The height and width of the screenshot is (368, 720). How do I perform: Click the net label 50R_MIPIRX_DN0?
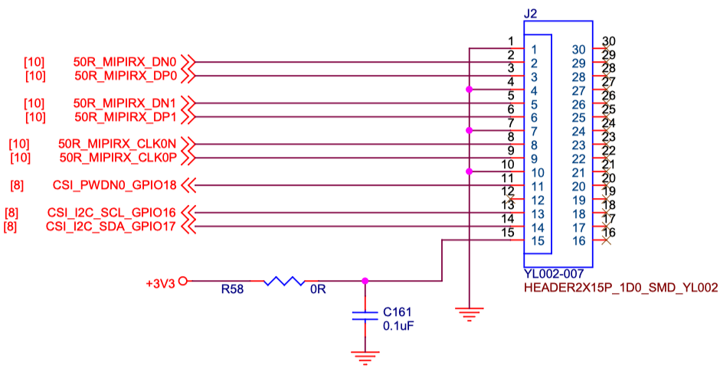[126, 61]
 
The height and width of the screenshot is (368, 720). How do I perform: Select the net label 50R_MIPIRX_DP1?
[126, 116]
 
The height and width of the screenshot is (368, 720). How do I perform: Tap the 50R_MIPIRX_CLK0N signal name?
[117, 144]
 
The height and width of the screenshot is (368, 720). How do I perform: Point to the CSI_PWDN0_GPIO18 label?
[115, 185]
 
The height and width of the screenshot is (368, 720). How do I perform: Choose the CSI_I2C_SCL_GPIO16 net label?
[112, 213]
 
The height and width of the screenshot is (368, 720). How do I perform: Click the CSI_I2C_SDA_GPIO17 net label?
[112, 226]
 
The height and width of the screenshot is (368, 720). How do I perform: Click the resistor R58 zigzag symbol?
[284, 282]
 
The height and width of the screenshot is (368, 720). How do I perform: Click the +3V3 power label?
[160, 282]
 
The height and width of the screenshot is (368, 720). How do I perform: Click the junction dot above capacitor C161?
[365, 281]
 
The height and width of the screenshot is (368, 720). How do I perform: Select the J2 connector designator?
[531, 13]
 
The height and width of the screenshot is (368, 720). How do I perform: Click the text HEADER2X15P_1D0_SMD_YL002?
[620, 288]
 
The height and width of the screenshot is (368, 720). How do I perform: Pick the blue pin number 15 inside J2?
[538, 241]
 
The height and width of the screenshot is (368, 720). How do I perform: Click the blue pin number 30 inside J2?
[579, 49]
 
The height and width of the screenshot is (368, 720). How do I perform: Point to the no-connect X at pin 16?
[607, 241]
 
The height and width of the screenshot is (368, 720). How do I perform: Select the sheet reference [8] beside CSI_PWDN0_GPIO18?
[18, 185]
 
